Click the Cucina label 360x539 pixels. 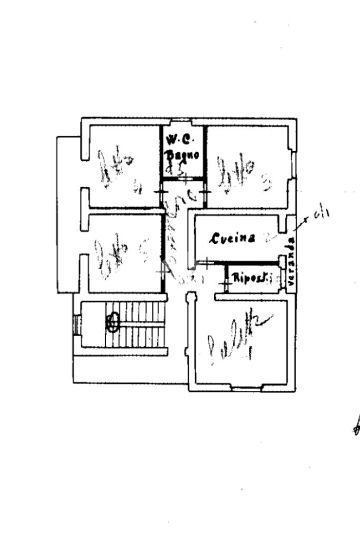233,238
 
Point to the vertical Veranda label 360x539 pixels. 291,262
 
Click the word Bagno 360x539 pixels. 182,155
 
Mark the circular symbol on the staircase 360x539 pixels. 112,321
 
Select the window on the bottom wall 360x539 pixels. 247,389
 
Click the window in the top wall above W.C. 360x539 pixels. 182,122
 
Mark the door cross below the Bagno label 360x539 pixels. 186,179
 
